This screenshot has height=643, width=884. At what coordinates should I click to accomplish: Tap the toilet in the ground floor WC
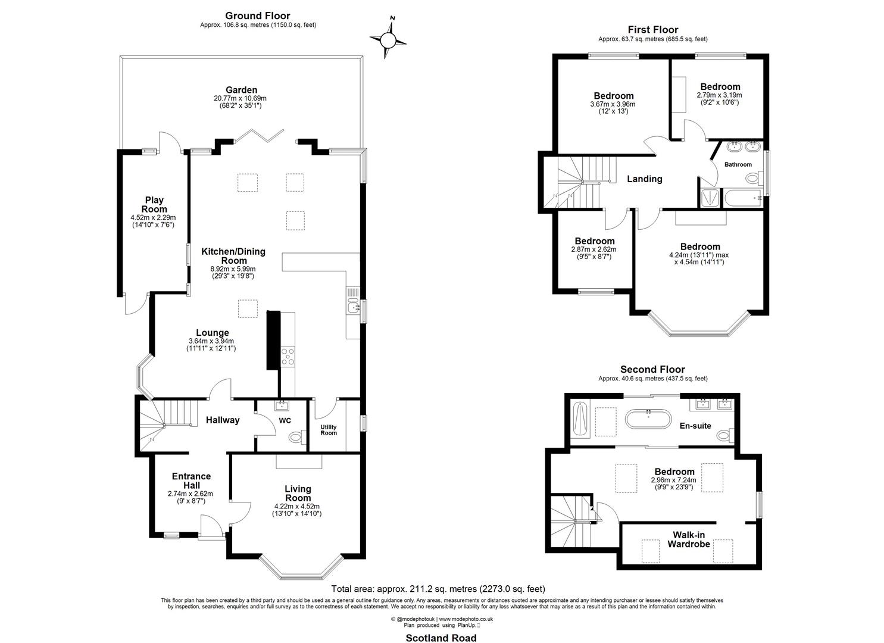click(x=298, y=437)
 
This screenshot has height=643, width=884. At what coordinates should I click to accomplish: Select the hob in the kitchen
click(x=288, y=357)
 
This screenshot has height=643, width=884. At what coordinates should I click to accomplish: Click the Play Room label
click(x=154, y=204)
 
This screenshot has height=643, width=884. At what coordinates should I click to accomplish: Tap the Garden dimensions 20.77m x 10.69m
click(x=240, y=98)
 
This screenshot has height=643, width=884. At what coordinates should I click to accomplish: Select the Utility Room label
click(x=329, y=430)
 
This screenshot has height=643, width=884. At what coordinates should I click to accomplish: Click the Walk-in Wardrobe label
click(x=689, y=539)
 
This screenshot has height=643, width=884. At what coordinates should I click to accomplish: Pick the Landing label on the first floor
click(x=645, y=179)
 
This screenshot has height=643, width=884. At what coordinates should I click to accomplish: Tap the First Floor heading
click(x=653, y=30)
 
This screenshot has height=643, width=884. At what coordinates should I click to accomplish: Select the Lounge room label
click(x=213, y=333)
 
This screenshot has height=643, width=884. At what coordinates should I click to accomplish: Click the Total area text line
click(x=438, y=589)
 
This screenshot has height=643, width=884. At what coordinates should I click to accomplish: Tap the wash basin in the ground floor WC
click(x=282, y=405)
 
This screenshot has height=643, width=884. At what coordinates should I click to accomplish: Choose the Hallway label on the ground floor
click(x=223, y=420)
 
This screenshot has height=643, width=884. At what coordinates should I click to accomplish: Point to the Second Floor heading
click(x=652, y=370)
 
